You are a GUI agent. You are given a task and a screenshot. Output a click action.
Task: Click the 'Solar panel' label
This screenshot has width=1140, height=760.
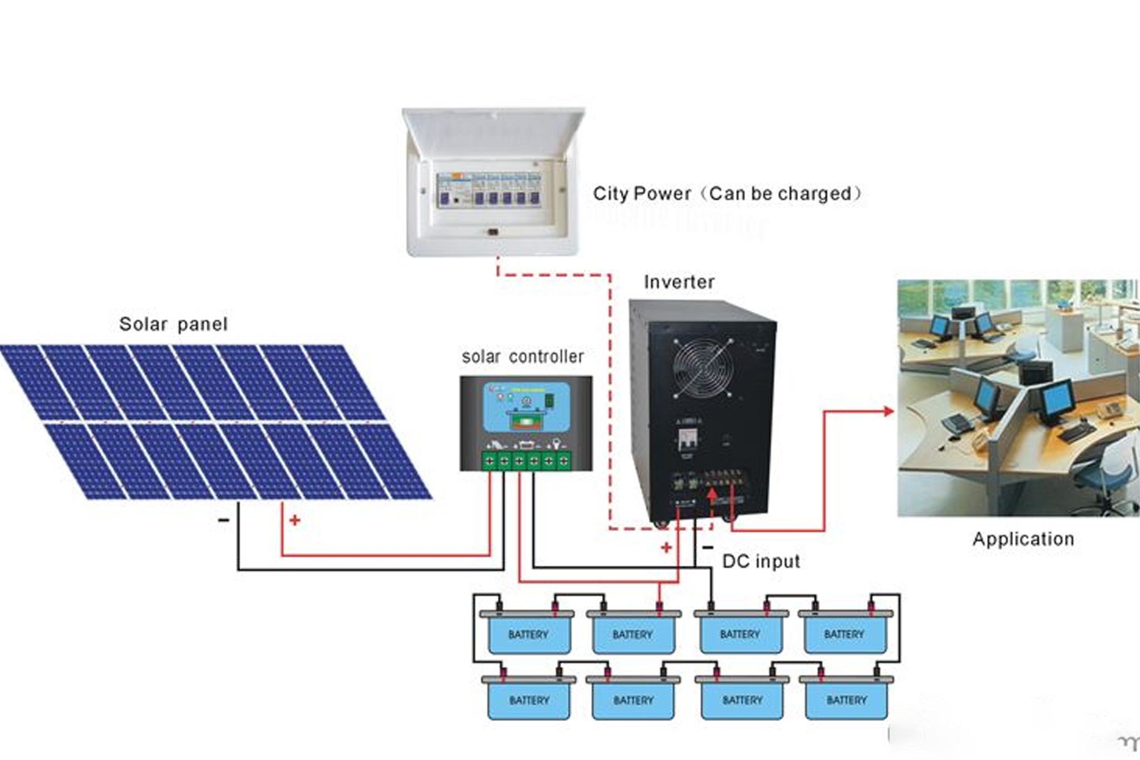(x=173, y=324)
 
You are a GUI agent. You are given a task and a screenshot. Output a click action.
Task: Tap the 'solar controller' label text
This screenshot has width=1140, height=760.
(x=523, y=356)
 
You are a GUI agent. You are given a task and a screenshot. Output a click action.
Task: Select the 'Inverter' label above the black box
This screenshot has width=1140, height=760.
(x=679, y=282)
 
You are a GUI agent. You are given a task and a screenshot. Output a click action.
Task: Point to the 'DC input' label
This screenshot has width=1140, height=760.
(x=761, y=561)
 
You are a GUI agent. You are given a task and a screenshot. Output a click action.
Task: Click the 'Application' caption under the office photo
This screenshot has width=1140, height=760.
(x=1023, y=538)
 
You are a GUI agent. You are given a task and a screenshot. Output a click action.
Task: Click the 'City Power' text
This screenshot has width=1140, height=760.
(x=641, y=194)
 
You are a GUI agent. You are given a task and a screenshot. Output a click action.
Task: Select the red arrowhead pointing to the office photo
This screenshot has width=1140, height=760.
(x=888, y=411)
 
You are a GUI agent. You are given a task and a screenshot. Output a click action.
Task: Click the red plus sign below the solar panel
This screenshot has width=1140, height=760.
(x=294, y=520)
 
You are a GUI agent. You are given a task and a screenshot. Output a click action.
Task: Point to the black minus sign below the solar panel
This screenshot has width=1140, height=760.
(x=223, y=520)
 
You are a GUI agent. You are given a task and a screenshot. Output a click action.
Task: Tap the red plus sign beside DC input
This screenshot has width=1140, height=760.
(x=666, y=548)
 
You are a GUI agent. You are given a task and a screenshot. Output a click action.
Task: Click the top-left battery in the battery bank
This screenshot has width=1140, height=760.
(x=528, y=634)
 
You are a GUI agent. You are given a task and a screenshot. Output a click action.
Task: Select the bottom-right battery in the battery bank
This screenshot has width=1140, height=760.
(x=846, y=699)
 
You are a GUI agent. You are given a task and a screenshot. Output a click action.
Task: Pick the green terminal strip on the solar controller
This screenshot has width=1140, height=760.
(x=526, y=460)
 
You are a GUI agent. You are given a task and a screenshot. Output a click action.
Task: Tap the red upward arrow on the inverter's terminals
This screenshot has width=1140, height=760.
(x=712, y=494)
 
